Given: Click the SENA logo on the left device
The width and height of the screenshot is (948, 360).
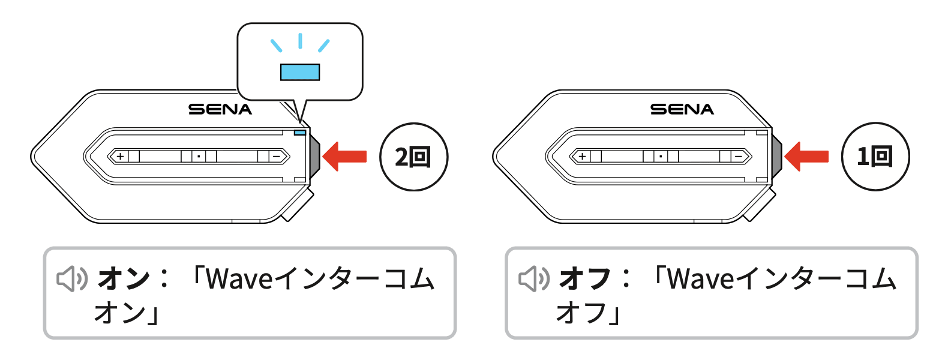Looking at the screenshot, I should (x=220, y=110).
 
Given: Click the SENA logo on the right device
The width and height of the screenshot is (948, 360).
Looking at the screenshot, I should (x=682, y=110).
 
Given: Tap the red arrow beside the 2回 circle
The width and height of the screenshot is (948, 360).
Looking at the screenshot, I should (x=344, y=157).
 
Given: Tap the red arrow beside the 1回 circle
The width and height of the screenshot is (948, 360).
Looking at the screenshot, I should (x=806, y=157).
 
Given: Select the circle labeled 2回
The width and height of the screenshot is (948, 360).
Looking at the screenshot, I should (x=413, y=157).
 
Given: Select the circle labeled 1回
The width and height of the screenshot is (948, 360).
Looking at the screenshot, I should (x=875, y=157).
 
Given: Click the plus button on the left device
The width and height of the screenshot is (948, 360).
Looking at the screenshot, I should (x=121, y=157).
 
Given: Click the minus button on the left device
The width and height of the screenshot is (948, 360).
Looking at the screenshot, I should (x=277, y=157).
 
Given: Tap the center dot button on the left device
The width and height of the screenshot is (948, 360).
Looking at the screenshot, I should (x=199, y=157).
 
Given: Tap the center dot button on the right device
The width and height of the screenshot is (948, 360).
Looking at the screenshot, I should (x=661, y=157).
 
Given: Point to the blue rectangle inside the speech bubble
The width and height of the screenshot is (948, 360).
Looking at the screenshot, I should (x=300, y=72).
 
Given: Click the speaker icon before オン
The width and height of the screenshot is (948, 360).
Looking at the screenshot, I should (x=72, y=278).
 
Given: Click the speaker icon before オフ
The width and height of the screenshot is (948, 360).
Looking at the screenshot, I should (x=534, y=278).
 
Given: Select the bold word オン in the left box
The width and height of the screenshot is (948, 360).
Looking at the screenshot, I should (x=124, y=278).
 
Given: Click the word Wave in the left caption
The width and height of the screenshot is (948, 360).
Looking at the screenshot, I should (x=239, y=278).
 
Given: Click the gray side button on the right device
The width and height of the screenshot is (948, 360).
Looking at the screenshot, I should (x=776, y=157).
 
